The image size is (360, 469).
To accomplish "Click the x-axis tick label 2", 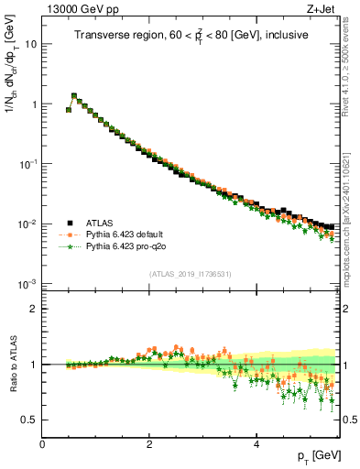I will [x=149, y=445].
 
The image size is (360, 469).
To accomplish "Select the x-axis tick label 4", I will [x=256, y=445].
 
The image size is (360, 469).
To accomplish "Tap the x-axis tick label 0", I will [x=42, y=445].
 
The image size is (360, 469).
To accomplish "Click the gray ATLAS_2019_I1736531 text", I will [x=191, y=274].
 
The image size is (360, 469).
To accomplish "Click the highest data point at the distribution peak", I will [x=74, y=95].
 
